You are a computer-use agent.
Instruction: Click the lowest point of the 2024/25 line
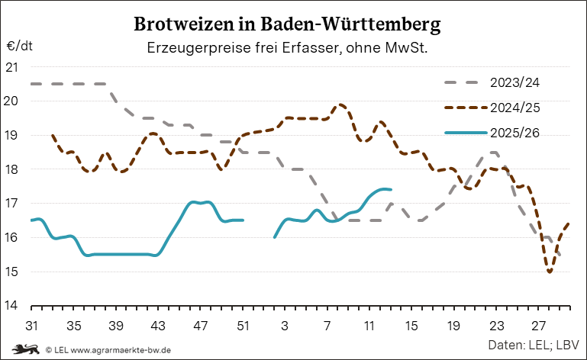[x=550, y=272]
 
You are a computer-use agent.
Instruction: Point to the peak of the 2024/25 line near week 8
[x=340, y=104]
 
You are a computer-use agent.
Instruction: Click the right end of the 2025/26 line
[x=391, y=189]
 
